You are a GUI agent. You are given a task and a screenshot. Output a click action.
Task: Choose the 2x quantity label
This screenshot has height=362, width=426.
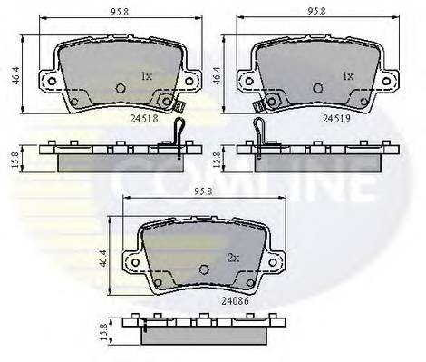tap(232, 258)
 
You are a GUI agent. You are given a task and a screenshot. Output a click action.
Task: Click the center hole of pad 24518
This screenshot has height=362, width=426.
tap(121, 89)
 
